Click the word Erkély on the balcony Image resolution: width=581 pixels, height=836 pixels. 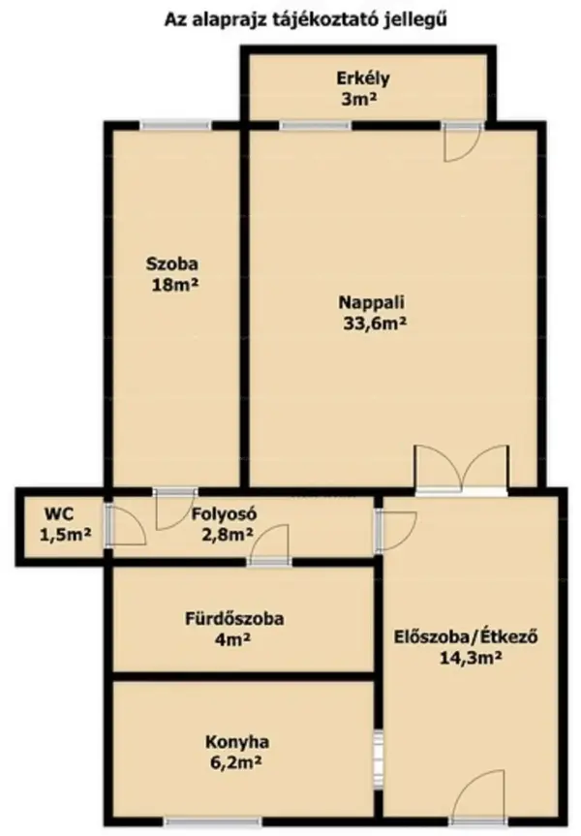tap(362, 78)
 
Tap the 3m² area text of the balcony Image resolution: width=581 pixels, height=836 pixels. tap(359, 99)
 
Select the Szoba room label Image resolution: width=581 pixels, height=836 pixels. tap(172, 263)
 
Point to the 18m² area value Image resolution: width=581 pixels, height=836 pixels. tap(175, 285)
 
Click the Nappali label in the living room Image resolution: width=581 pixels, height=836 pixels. tap(372, 303)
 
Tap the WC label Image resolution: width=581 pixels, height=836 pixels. tap(59, 514)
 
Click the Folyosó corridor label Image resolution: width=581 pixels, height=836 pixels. tap(225, 514)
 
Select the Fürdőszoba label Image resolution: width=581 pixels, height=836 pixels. tap(234, 619)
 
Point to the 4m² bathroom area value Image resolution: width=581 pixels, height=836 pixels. tap(233, 639)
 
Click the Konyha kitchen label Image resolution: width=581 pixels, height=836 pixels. tap(237, 742)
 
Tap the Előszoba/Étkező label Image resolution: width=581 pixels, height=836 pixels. tap(466, 636)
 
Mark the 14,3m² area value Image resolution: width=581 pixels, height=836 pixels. tap(471, 658)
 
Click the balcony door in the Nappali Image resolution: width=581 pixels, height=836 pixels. tap(463, 141)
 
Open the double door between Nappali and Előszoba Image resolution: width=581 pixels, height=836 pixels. tap(462, 469)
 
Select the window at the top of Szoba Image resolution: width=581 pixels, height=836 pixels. tap(175, 125)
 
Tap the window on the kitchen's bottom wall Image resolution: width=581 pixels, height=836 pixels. tap(213, 821)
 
